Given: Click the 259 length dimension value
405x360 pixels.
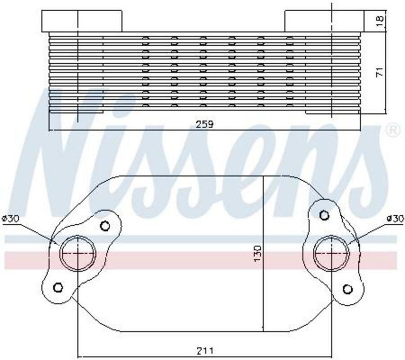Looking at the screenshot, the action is click(x=205, y=124).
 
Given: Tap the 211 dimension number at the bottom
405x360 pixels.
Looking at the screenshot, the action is click(x=205, y=351).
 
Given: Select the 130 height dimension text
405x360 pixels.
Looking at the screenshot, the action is click(x=258, y=253).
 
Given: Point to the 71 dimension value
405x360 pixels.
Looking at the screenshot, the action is click(x=380, y=72).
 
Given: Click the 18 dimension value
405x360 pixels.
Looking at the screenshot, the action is click(x=380, y=20).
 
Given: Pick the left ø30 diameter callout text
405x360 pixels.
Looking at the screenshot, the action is click(x=10, y=219).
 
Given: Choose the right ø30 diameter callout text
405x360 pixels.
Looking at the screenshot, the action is click(x=395, y=219).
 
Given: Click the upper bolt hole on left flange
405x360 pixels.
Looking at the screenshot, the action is click(x=105, y=226).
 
